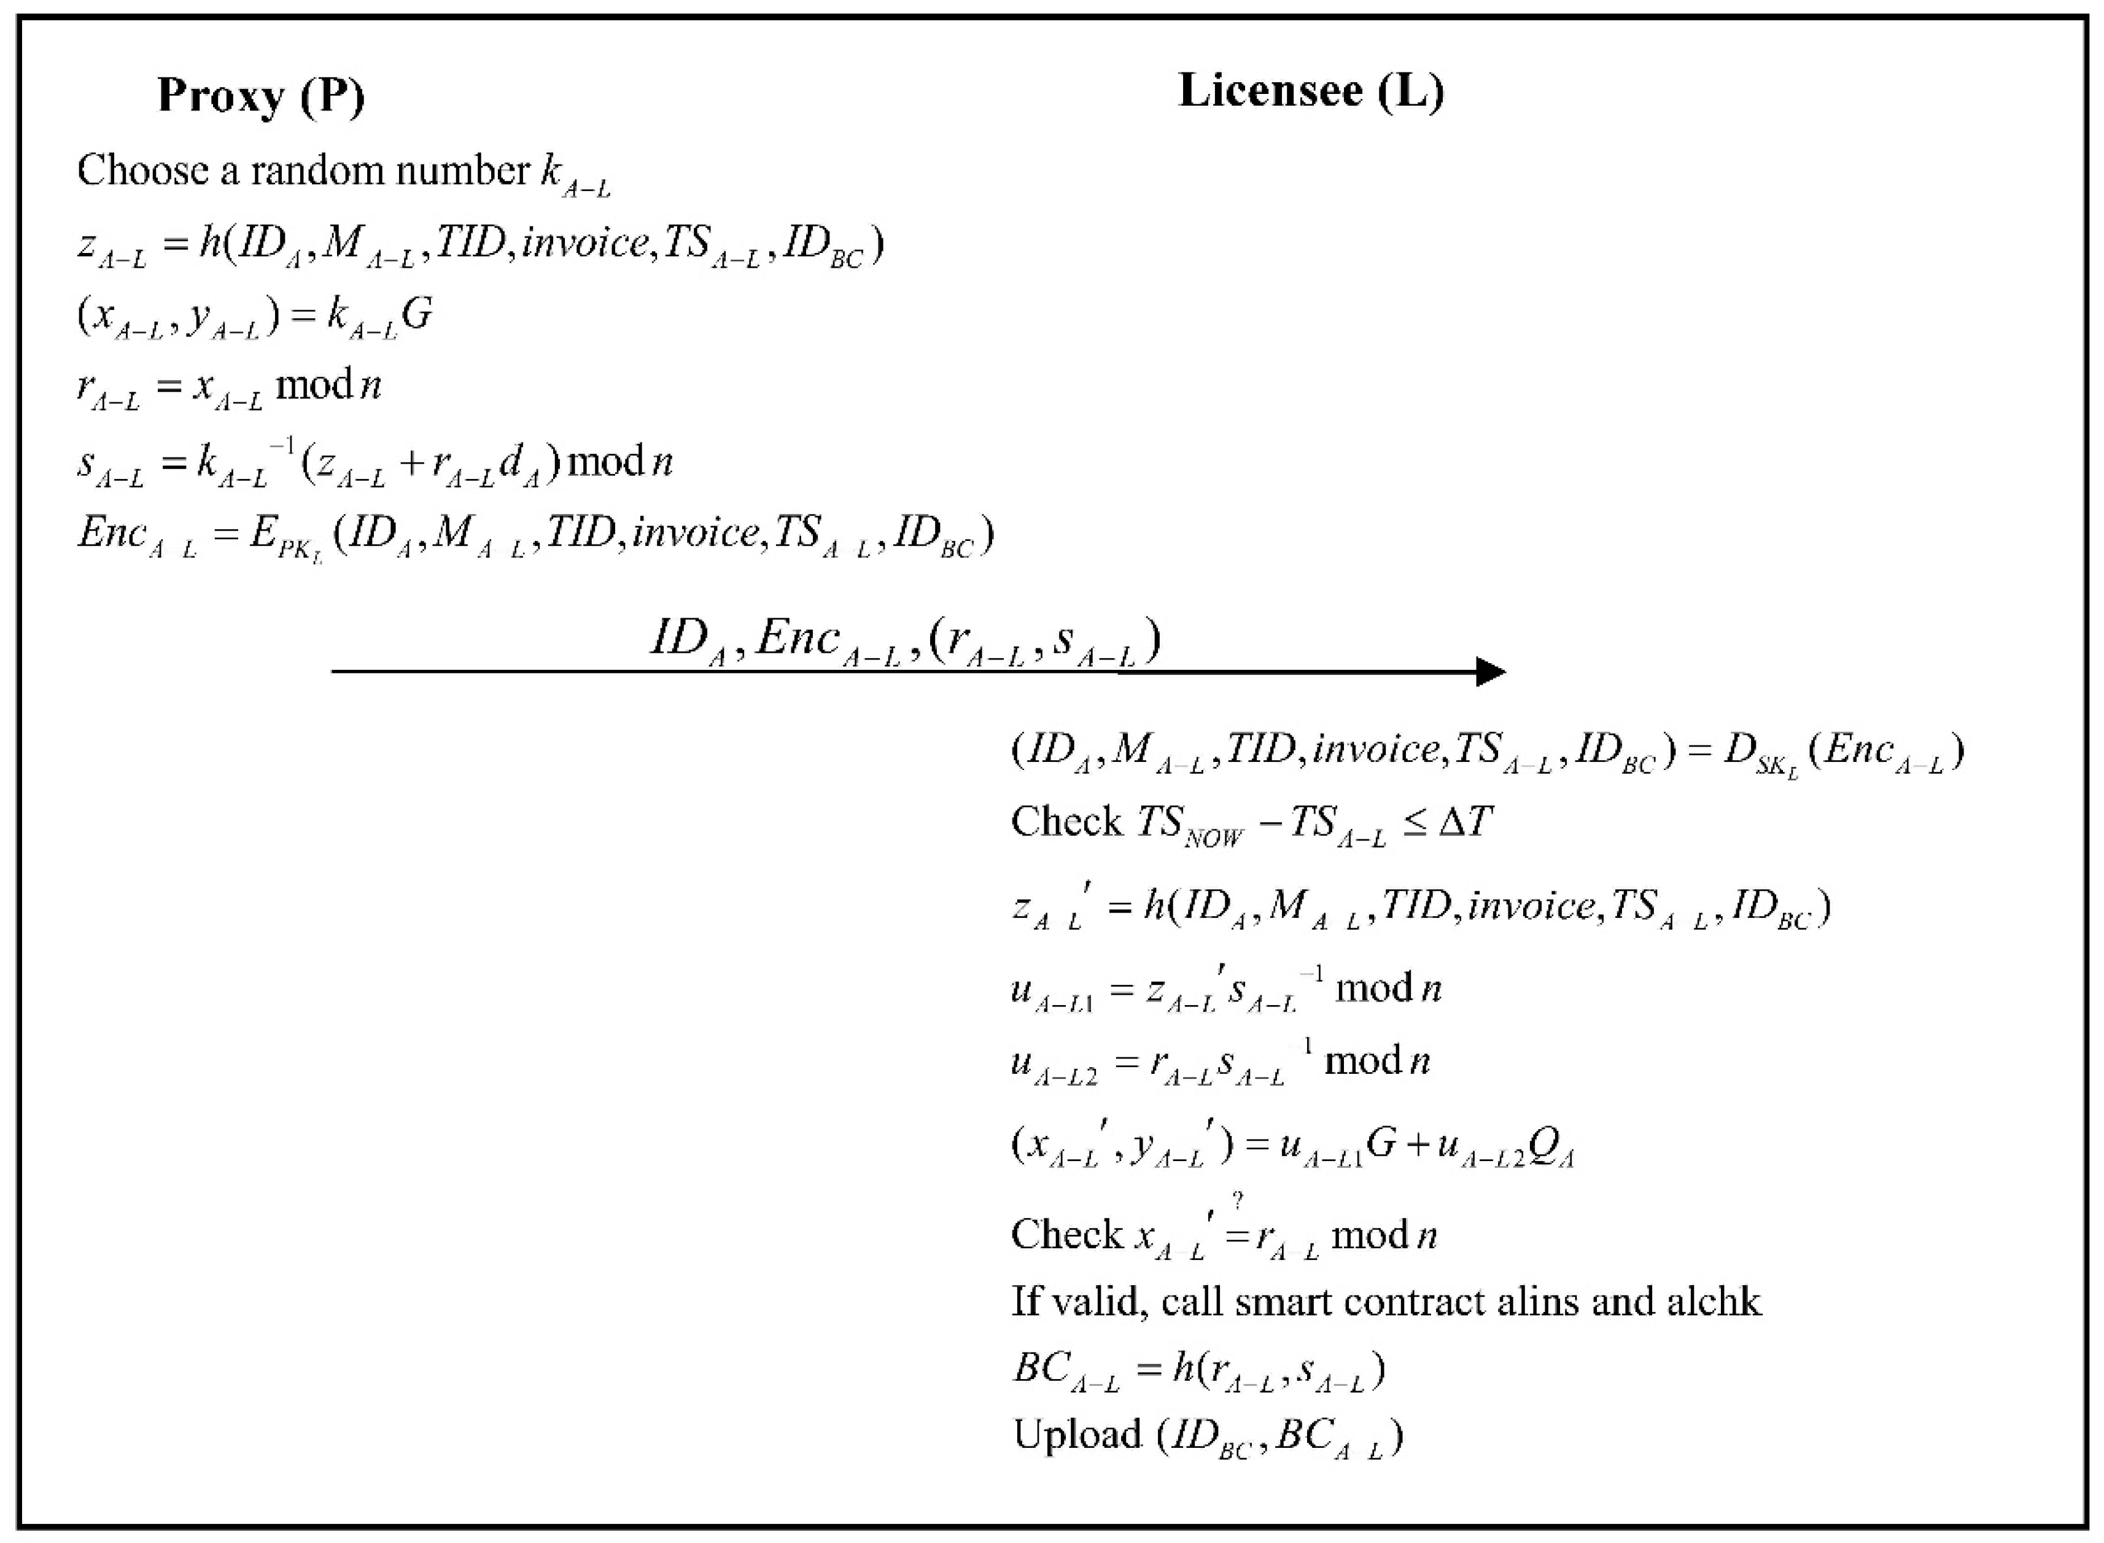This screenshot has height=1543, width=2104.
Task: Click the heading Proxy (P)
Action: (260, 95)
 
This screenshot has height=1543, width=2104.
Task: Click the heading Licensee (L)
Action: (1311, 91)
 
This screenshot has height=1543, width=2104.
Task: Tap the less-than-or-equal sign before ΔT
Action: (1414, 823)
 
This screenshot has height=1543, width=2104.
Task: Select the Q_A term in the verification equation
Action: (1552, 1147)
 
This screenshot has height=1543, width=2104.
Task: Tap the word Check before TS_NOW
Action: (1066, 822)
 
